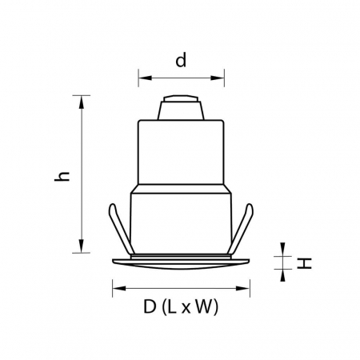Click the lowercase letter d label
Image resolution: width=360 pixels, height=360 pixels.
[x=182, y=61]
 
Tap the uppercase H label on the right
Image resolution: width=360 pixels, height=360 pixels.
[x=304, y=263]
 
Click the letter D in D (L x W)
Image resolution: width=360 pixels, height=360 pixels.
[x=150, y=306]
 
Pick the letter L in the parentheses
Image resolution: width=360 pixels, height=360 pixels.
[x=172, y=306]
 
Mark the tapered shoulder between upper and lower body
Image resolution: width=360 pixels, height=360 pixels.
[x=180, y=190]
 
